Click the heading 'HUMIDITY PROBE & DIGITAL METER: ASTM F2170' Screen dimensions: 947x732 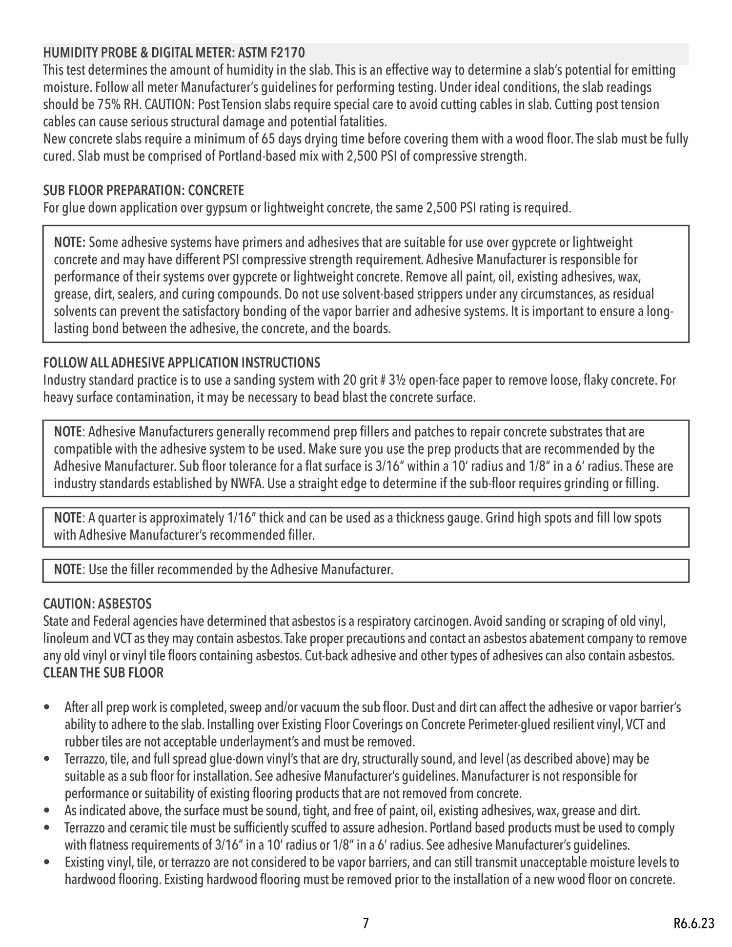(174, 53)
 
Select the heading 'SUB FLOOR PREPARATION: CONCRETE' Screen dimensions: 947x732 (143, 190)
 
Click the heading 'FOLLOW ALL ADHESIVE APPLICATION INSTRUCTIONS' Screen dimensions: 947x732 (182, 363)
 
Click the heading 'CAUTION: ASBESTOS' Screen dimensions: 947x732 (97, 604)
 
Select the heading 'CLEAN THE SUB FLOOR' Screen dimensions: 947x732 (103, 673)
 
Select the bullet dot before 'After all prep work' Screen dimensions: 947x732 (46, 707)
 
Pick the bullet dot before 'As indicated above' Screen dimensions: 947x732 (46, 811)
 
